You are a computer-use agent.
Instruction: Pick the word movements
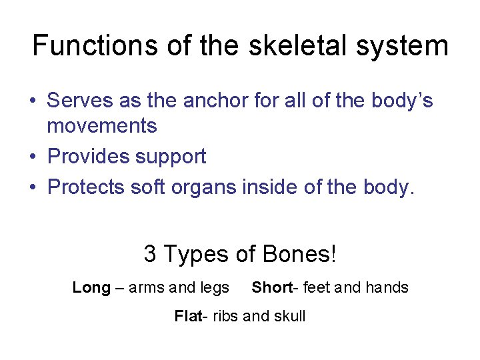(x=102, y=125)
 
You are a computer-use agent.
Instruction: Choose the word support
(x=171, y=157)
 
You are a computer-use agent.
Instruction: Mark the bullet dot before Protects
(x=32, y=188)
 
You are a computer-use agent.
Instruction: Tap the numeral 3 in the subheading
(x=150, y=253)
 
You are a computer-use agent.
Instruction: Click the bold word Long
(x=91, y=288)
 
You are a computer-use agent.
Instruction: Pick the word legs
(x=214, y=288)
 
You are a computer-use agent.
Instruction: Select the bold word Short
(x=271, y=287)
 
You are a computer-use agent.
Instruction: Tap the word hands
(x=386, y=287)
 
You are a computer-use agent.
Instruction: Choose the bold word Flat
(x=187, y=315)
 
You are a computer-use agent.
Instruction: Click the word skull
(x=288, y=315)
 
